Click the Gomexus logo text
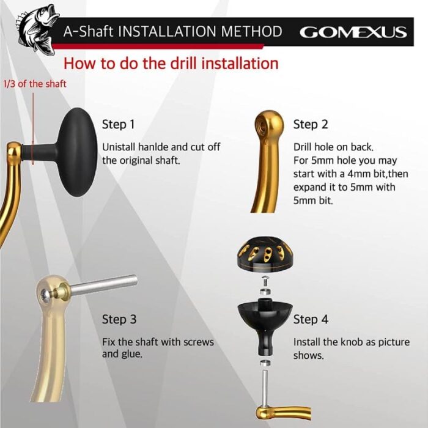click(x=353, y=32)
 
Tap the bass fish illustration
click(x=37, y=28)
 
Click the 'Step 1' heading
click(x=119, y=125)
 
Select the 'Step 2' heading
click(x=311, y=125)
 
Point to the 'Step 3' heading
click(x=119, y=319)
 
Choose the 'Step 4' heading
click(x=311, y=319)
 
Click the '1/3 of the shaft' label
click(x=35, y=84)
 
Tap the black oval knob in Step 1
click(x=78, y=152)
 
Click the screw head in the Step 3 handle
click(x=45, y=296)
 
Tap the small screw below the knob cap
click(x=265, y=281)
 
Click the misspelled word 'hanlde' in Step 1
click(x=153, y=147)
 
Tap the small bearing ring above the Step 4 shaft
click(x=265, y=363)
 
